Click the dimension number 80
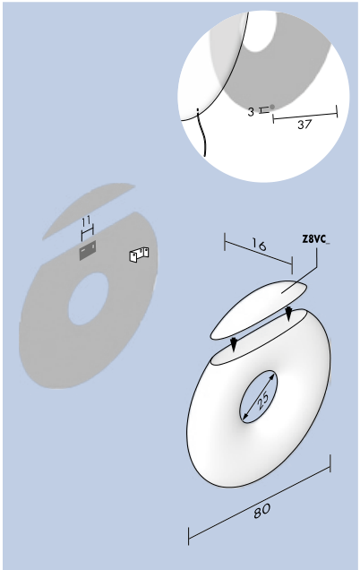point(261,511)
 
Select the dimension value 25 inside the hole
point(262,399)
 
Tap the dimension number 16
point(259,245)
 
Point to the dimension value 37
point(304,125)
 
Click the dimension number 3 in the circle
point(251,112)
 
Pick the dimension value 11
point(87,221)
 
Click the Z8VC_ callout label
point(316,239)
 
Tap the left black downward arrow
point(234,343)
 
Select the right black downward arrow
point(288,313)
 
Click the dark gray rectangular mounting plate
point(88,250)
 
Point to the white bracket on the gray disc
point(139,255)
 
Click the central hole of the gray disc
point(89,298)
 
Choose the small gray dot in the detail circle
point(272,107)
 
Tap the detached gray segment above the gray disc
point(89,211)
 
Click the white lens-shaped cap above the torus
point(259,310)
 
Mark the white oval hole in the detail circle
point(260,31)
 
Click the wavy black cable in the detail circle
point(201,133)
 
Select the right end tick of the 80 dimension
point(330,463)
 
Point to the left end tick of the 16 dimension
point(225,241)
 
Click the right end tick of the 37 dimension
point(337,111)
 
